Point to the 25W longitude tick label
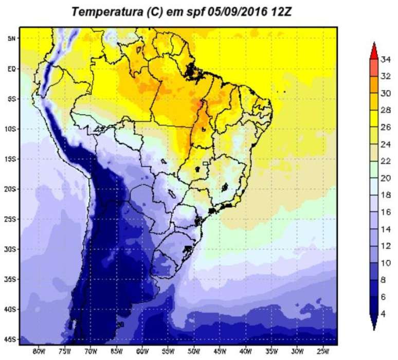click(322, 352)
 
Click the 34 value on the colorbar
click(386, 59)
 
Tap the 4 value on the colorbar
click(384, 313)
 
